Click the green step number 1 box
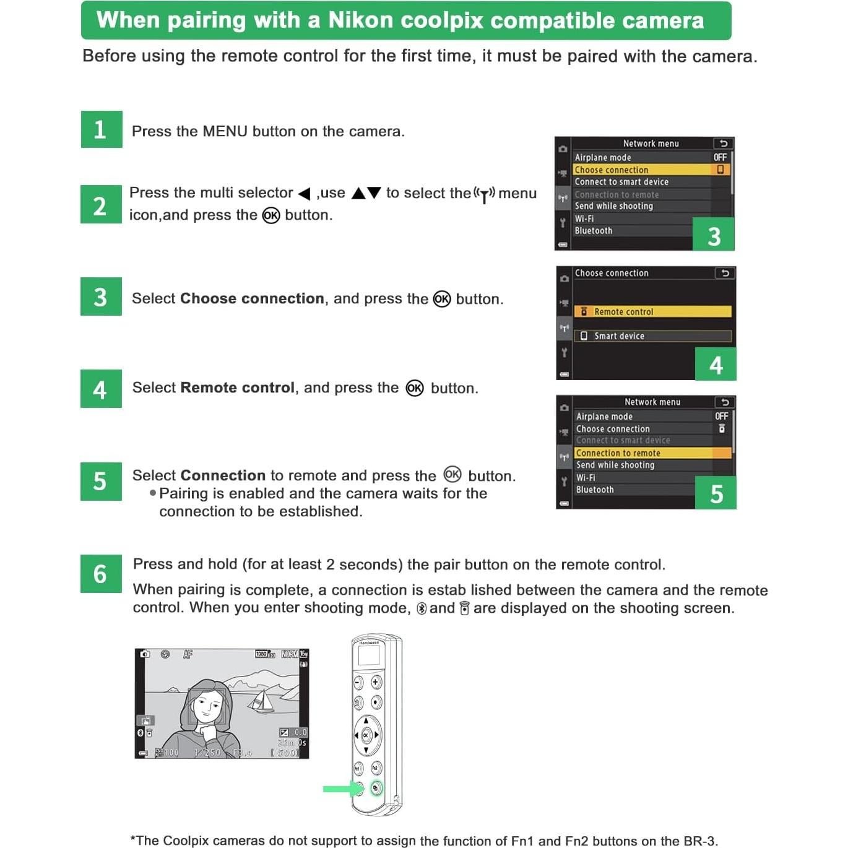[x=101, y=129]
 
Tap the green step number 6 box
[x=101, y=574]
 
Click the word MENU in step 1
[x=225, y=131]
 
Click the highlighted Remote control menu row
[x=652, y=311]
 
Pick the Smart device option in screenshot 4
[x=652, y=336]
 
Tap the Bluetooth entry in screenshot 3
[x=594, y=231]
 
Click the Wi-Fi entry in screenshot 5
[x=586, y=478]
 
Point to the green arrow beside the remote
[x=339, y=789]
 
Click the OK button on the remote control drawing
[x=366, y=735]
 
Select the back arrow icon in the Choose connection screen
[x=725, y=273]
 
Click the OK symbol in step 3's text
[x=442, y=299]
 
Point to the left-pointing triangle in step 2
[x=304, y=194]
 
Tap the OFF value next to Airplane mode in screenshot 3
[x=720, y=157]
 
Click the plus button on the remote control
[x=376, y=682]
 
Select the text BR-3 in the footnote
[x=699, y=841]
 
